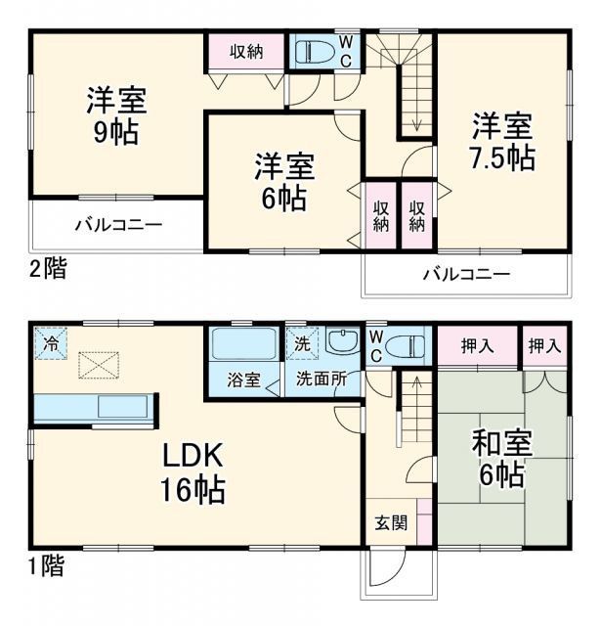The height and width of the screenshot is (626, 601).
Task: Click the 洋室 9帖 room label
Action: (116, 115)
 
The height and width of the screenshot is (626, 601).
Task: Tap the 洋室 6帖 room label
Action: (283, 181)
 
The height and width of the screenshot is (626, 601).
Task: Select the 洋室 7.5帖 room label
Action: (504, 142)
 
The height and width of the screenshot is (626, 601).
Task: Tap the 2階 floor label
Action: (47, 268)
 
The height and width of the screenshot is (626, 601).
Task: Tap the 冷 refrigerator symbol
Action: (50, 343)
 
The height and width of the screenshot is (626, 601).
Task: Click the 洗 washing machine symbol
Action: (302, 343)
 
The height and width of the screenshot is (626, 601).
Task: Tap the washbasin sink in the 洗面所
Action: (343, 343)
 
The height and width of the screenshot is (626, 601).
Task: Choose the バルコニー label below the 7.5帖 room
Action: (466, 274)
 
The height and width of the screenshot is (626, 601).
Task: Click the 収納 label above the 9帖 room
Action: (246, 52)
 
